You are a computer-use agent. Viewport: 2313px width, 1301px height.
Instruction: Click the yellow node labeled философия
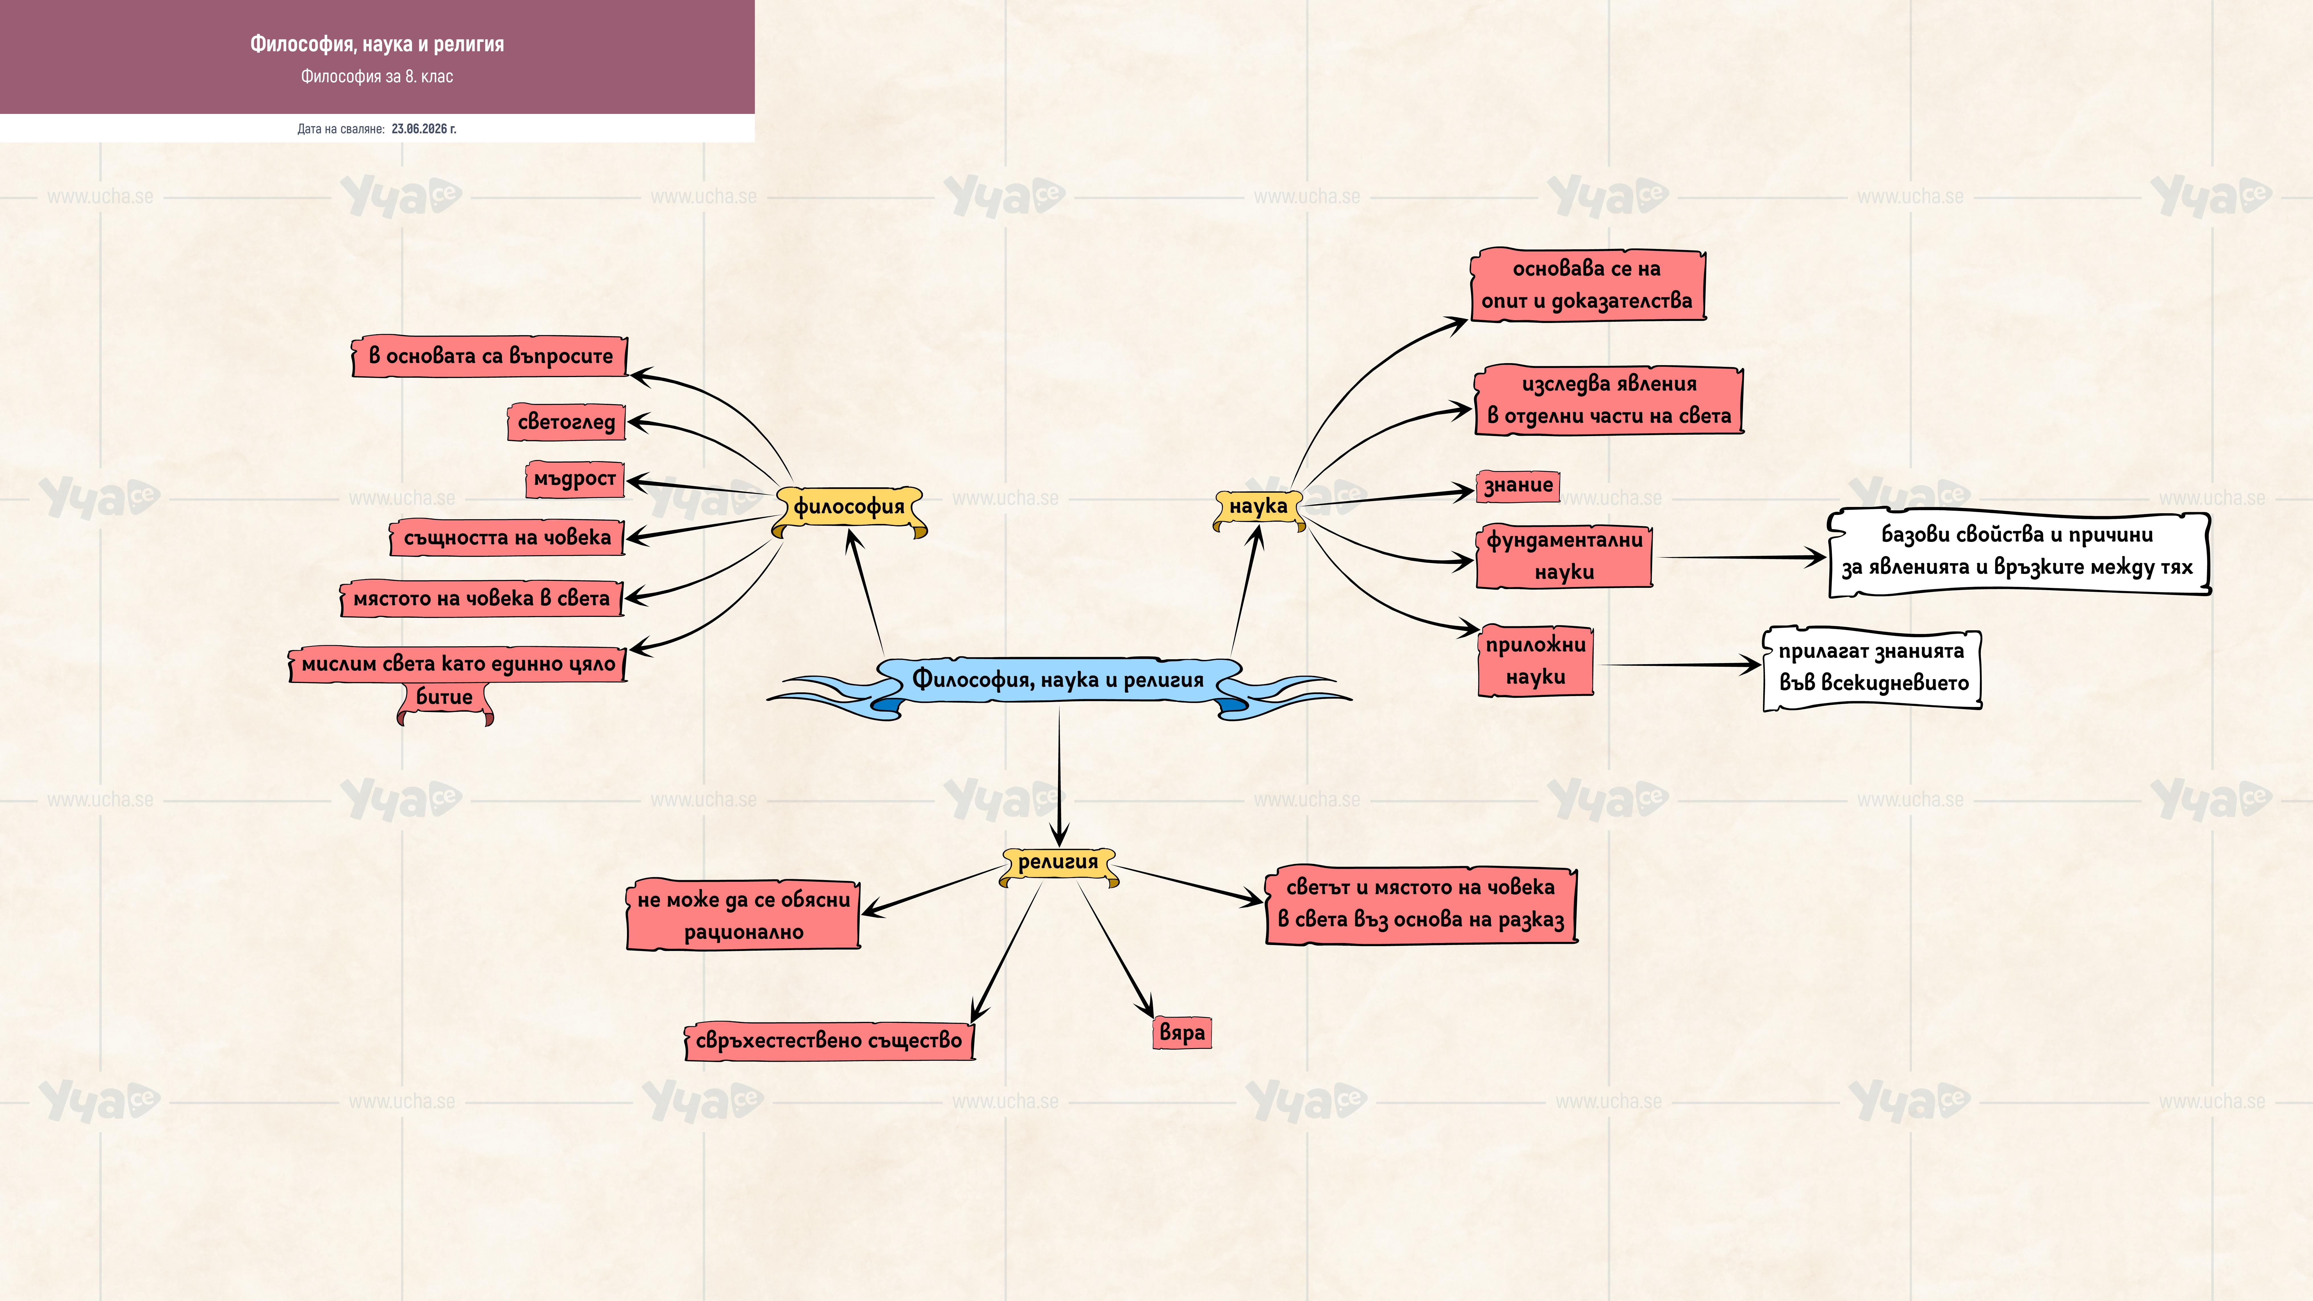pyautogui.click(x=849, y=507)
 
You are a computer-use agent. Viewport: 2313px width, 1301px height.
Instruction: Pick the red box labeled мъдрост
pyautogui.click(x=575, y=479)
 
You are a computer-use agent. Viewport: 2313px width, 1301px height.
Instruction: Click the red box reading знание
pyautogui.click(x=1517, y=486)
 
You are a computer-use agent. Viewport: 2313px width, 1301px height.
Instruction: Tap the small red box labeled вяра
pyautogui.click(x=1182, y=1032)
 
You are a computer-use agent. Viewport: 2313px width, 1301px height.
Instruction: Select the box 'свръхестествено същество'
pyautogui.click(x=829, y=1041)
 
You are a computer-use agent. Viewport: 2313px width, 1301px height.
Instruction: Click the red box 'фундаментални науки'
pyautogui.click(x=1564, y=556)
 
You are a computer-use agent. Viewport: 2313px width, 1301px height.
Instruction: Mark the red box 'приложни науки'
pyautogui.click(x=1535, y=661)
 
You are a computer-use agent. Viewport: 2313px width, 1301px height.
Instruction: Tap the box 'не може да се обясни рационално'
pyautogui.click(x=743, y=915)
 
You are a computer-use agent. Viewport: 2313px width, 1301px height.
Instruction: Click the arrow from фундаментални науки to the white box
pyautogui.click(x=1742, y=558)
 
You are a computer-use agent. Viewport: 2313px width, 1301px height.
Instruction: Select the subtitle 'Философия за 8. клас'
pyautogui.click(x=377, y=76)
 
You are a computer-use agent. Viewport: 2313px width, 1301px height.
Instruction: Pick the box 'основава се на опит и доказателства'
pyautogui.click(x=1587, y=285)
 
